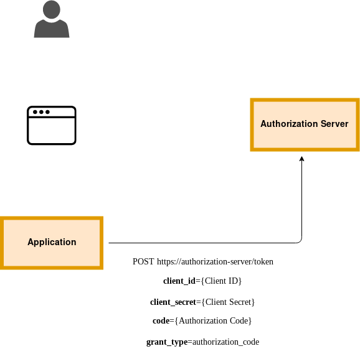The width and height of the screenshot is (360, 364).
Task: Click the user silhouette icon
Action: point(52,19)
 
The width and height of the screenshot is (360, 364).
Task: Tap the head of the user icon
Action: point(52,9)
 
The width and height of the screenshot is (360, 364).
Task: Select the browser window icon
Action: point(52,125)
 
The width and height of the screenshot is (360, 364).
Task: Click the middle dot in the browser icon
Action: point(41,112)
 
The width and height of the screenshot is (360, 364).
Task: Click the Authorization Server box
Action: point(305,124)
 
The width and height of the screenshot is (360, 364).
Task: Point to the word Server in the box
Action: point(334,124)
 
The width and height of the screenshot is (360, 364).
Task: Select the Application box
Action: point(52,243)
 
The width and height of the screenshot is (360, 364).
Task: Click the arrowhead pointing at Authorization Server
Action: point(301,159)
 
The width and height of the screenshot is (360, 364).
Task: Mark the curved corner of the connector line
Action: point(300,241)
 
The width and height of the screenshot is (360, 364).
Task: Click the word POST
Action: point(143,261)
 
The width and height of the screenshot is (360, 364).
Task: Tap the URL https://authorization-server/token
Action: point(215,262)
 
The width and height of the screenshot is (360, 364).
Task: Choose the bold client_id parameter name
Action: point(179,281)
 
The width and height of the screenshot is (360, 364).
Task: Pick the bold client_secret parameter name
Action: point(173,302)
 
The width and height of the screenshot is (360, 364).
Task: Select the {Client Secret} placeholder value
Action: point(228,302)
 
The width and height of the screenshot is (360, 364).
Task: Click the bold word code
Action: point(161,321)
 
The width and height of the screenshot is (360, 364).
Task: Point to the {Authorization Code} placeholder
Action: point(213,321)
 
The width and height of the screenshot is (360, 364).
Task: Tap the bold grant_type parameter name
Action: point(167,342)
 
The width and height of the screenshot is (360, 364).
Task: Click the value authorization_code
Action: point(225,342)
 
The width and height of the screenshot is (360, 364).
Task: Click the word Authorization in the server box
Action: point(289,124)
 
